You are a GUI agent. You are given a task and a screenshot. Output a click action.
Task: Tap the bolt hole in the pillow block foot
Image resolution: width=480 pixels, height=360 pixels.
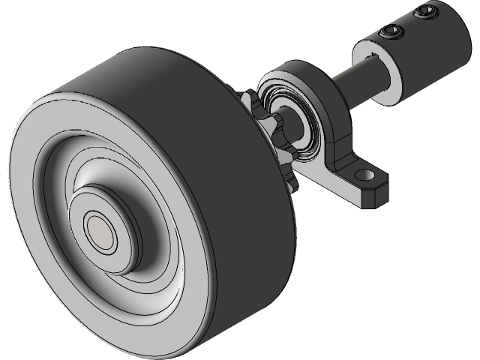[365, 178]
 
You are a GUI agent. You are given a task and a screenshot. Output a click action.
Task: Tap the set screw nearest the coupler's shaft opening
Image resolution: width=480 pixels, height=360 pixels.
[391, 31]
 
